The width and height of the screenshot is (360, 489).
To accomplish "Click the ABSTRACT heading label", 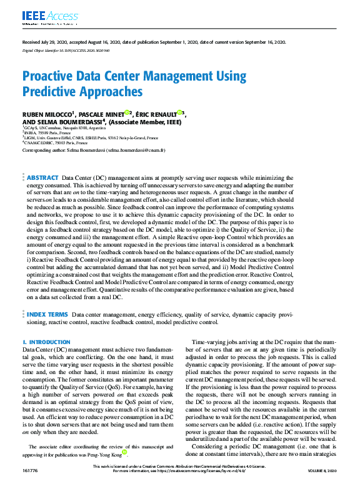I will pyautogui.click(x=43, y=161).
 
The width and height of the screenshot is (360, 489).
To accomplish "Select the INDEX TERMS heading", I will pyautogui.click(x=47, y=315).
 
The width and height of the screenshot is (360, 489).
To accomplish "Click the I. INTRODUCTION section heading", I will pyautogui.click(x=46, y=342).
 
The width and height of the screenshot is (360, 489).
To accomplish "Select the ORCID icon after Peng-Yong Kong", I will pyautogui.click(x=125, y=452).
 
